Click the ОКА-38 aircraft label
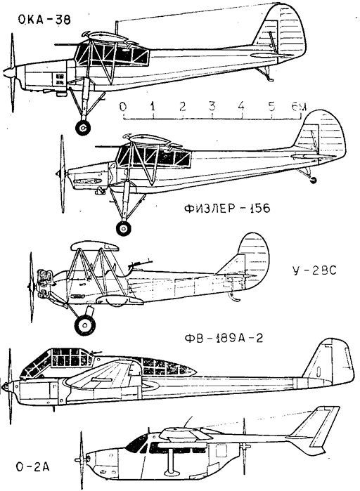44,20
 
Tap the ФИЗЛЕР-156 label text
227,208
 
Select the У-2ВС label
314,270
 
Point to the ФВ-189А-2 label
224,338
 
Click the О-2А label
32,467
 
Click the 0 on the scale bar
123,107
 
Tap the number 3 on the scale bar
212,107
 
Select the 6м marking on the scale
299,107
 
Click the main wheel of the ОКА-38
83,127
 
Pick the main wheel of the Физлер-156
124,228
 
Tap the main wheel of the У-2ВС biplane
85,325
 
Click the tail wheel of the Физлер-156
313,180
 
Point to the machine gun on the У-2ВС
140,263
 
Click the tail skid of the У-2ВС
235,297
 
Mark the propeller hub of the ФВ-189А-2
6,387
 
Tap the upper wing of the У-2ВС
95,247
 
